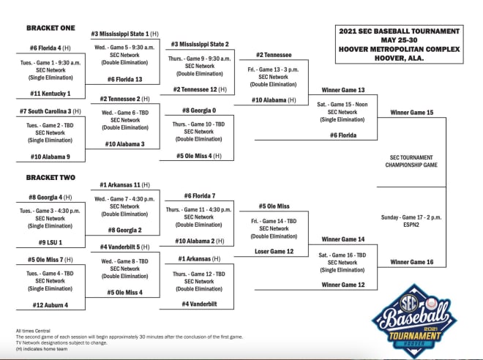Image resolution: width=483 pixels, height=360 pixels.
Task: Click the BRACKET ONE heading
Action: pos(50,28)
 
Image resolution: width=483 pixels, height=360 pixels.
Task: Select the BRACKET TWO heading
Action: pos(50,177)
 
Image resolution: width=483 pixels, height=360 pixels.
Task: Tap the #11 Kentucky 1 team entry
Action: pos(50,94)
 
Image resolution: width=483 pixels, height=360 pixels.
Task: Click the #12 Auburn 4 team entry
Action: pos(50,305)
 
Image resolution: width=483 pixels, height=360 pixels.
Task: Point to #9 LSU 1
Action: pos(50,242)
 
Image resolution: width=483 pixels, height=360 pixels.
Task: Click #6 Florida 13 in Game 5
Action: pos(124,79)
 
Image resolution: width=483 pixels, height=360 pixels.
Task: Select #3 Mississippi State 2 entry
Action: pos(200,44)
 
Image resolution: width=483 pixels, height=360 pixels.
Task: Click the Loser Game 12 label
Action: pos(274,251)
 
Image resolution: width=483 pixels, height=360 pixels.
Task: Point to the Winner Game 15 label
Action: pos(412,113)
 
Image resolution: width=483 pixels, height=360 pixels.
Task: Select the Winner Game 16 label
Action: pos(412,262)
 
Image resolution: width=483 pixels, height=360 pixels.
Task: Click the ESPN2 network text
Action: pos(411,225)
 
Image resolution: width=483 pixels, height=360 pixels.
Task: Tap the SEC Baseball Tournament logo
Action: pos(415,320)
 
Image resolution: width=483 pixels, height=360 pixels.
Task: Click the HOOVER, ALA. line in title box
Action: pos(400,58)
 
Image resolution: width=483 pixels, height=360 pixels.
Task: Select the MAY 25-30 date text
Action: pos(400,40)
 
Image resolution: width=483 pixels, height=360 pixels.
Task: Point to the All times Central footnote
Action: pos(33,331)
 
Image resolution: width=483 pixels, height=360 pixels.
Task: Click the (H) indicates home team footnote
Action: pos(42,349)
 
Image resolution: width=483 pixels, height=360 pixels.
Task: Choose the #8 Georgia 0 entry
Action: pos(199,110)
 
